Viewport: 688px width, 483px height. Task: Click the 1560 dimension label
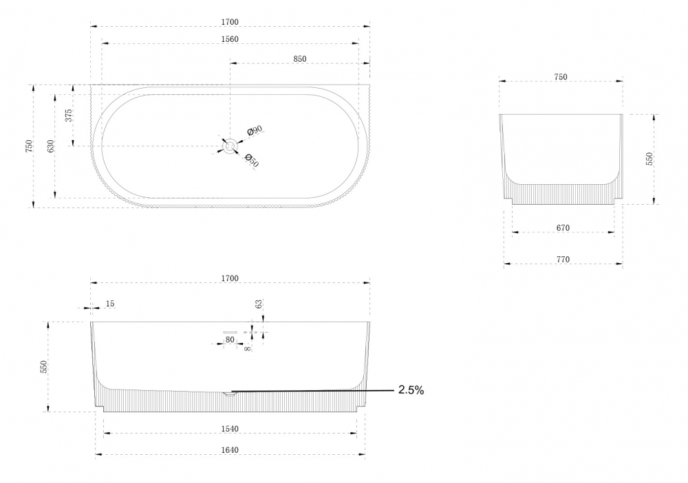click(230, 39)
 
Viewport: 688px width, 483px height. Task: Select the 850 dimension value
click(300, 58)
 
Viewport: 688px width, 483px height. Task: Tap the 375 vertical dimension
click(68, 115)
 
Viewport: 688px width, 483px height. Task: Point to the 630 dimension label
click(51, 146)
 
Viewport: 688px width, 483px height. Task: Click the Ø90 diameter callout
click(255, 130)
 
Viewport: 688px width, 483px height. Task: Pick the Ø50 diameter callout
click(251, 160)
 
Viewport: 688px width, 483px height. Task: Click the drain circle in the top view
click(230, 146)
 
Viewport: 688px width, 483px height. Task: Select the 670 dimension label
click(563, 227)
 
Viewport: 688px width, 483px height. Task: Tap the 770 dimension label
click(563, 259)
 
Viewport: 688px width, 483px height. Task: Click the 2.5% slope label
click(411, 390)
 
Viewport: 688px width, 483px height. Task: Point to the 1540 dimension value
click(230, 429)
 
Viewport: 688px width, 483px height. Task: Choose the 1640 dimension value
click(230, 450)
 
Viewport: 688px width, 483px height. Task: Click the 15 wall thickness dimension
click(110, 303)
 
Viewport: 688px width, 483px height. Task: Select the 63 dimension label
click(259, 304)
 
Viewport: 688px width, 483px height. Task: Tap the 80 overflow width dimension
click(230, 339)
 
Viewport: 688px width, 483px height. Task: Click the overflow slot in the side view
click(230, 333)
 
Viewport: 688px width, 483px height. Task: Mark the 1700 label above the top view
click(230, 22)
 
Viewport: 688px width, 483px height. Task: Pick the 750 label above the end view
click(561, 77)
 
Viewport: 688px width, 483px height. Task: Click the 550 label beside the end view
click(649, 159)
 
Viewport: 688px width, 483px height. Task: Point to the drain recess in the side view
click(230, 394)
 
